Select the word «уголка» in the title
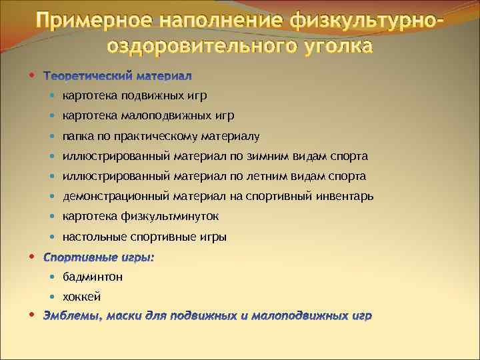(x=325, y=47)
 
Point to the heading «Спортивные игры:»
(x=98, y=257)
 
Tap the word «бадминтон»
(x=93, y=277)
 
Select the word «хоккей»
(x=81, y=297)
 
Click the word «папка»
(x=77, y=137)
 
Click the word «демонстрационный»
(x=117, y=197)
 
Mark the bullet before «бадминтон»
(x=53, y=276)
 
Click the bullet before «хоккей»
(x=53, y=296)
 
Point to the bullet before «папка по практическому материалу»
(x=53, y=136)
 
